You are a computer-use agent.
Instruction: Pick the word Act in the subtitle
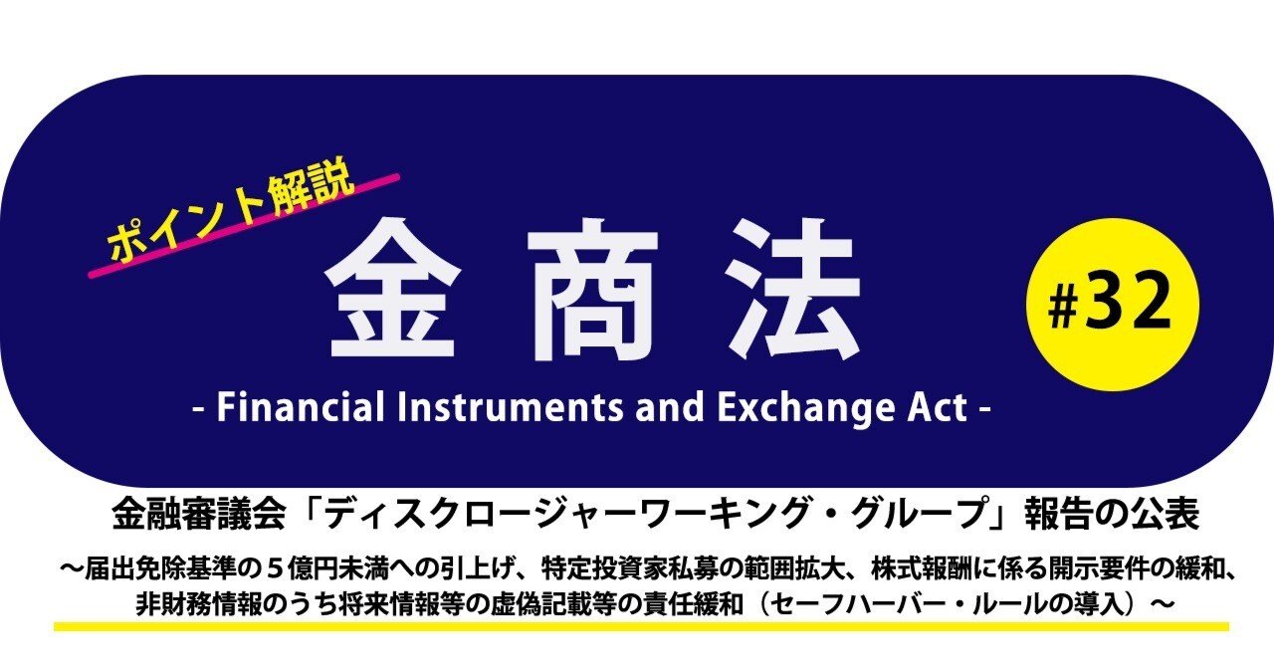930,408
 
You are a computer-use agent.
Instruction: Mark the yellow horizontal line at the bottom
641,626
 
